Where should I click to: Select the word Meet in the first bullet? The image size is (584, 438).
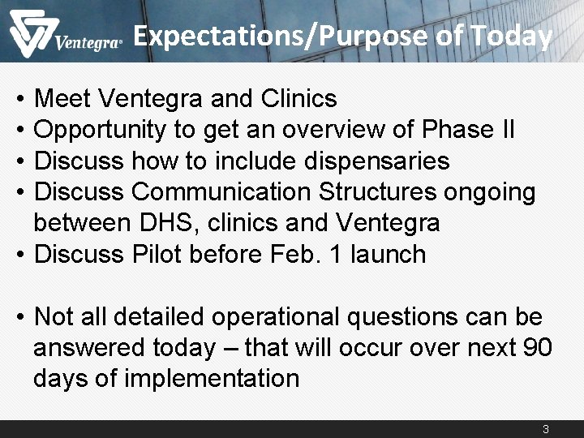(x=63, y=99)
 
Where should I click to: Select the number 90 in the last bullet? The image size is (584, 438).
(x=537, y=348)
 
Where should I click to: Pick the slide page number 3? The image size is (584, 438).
(x=546, y=429)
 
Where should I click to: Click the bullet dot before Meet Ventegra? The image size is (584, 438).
(x=19, y=100)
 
